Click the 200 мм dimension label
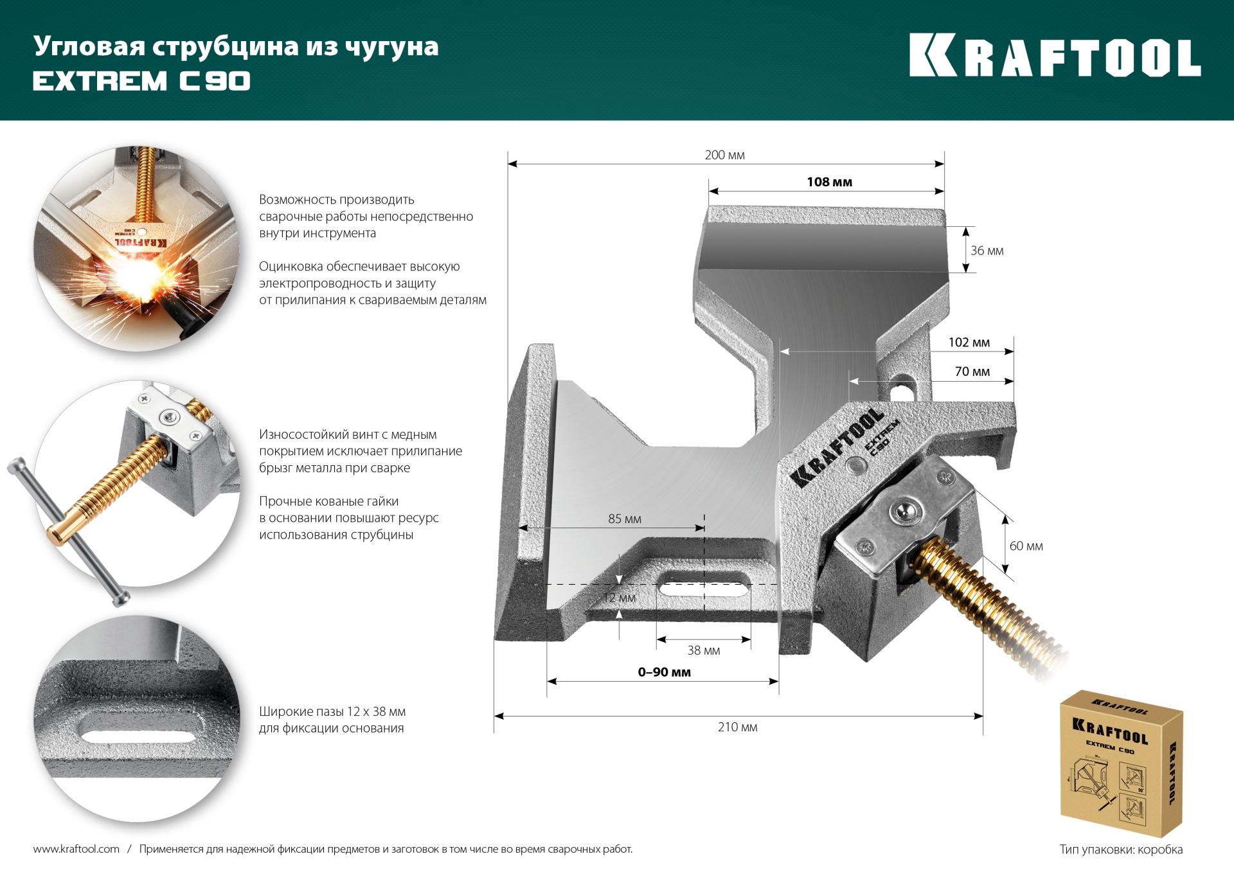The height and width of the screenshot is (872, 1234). (x=724, y=156)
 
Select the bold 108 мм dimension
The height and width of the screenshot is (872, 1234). (x=829, y=182)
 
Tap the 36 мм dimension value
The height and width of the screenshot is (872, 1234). (x=987, y=251)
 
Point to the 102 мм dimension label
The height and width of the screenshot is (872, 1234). (x=969, y=343)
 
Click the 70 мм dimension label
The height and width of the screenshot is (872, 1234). (x=972, y=372)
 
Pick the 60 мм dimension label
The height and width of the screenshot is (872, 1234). (x=1026, y=546)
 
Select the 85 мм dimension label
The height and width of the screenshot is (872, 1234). (x=625, y=519)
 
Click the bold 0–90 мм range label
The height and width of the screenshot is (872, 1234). (x=664, y=672)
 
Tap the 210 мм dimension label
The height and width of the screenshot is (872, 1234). (x=737, y=727)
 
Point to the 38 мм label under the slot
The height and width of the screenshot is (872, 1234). (x=703, y=650)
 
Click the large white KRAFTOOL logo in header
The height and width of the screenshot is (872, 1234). (x=1055, y=56)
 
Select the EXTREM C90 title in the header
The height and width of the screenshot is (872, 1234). (x=141, y=81)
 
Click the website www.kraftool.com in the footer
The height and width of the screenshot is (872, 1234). (x=76, y=849)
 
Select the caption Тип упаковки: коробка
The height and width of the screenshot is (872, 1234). (x=1121, y=850)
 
